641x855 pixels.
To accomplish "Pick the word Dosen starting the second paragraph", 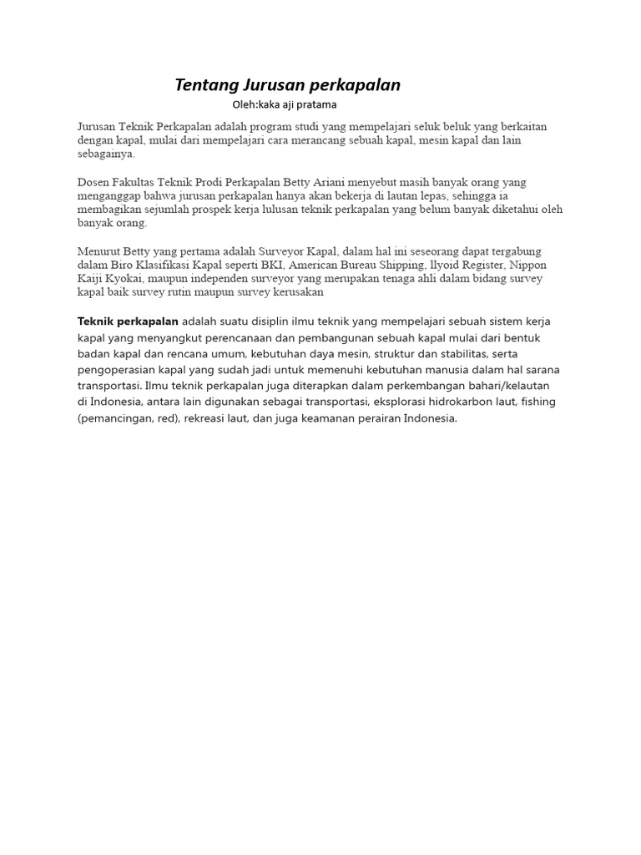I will pyautogui.click(x=93, y=182).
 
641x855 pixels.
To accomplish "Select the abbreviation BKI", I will pyautogui.click(x=268, y=265).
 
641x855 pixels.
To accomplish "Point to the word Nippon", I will pyautogui.click(x=528, y=265).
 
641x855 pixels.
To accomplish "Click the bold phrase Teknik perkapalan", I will pyautogui.click(x=128, y=321).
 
